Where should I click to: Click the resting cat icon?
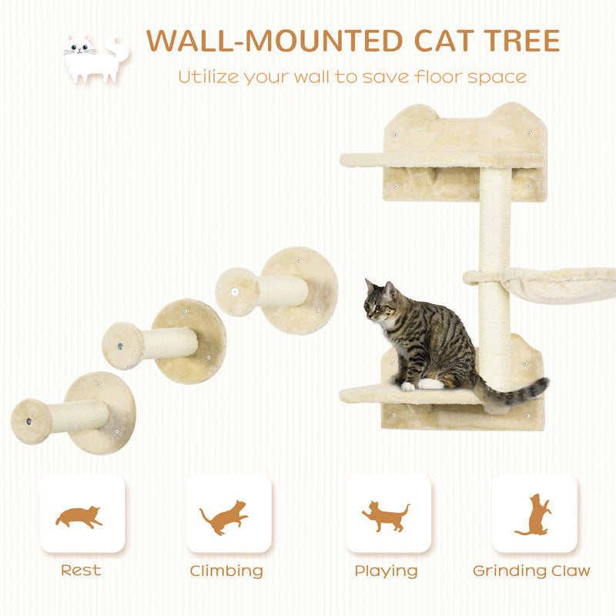pyautogui.click(x=79, y=515)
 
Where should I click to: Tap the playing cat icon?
pyautogui.click(x=386, y=515)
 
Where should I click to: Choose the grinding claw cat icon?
pyautogui.click(x=534, y=514)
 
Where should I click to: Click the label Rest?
pyautogui.click(x=81, y=571)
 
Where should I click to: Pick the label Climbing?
pyautogui.click(x=226, y=571)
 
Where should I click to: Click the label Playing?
pyautogui.click(x=386, y=571)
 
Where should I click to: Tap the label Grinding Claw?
pyautogui.click(x=531, y=571)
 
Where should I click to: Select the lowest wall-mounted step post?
pyautogui.click(x=73, y=414)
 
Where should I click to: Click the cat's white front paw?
pyautogui.click(x=407, y=386)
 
